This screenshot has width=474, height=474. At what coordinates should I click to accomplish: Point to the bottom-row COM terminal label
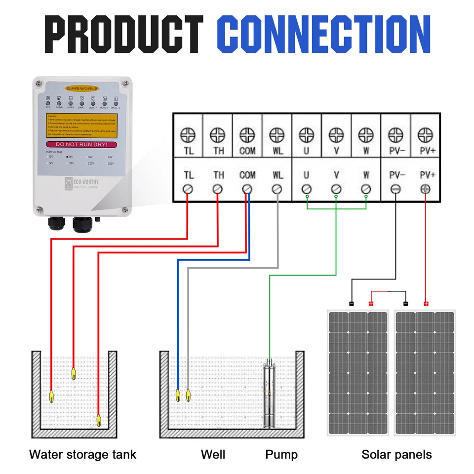(x=247, y=175)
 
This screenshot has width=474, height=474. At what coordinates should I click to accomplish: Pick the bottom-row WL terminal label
(x=277, y=175)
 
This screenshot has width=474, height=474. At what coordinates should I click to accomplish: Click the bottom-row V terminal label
(x=336, y=175)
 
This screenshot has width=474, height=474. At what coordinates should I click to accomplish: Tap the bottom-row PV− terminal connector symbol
(x=395, y=189)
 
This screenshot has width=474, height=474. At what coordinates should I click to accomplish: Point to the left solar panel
(x=358, y=373)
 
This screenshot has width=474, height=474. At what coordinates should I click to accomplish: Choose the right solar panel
(x=425, y=373)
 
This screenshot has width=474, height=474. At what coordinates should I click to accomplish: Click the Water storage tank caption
(x=82, y=454)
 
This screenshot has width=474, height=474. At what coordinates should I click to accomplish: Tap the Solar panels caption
(x=396, y=454)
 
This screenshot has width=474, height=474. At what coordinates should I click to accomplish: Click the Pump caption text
(x=281, y=454)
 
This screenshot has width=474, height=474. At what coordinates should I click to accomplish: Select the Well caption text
(x=213, y=454)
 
